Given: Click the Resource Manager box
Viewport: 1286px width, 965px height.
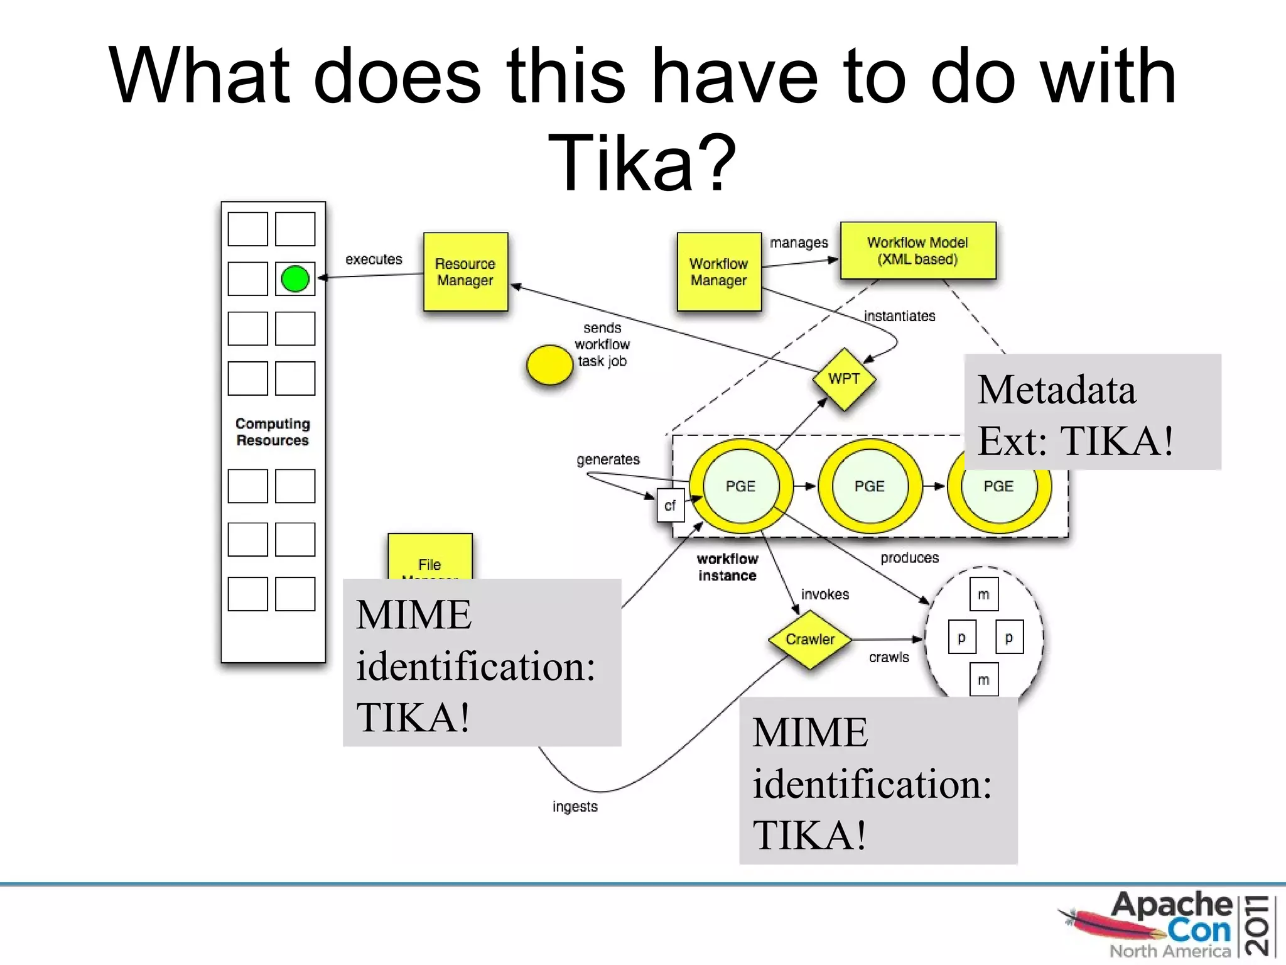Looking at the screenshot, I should [x=465, y=271].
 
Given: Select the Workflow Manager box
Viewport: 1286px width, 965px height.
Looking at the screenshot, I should [x=719, y=271].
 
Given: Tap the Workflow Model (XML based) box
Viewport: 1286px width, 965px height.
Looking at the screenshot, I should [x=917, y=250].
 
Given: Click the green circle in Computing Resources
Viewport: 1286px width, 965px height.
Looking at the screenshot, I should [x=295, y=279].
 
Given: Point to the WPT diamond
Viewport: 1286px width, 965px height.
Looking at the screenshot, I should [x=843, y=379].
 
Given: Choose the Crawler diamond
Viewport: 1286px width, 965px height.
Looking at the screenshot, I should [x=810, y=639].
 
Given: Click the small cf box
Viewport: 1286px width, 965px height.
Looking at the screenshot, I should [x=670, y=506].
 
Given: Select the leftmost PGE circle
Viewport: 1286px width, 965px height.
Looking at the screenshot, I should [x=740, y=486].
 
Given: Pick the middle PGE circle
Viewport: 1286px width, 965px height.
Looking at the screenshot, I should [x=870, y=486].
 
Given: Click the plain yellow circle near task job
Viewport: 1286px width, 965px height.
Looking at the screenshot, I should [x=549, y=365].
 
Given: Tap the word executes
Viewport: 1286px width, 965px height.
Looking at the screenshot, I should [x=374, y=259].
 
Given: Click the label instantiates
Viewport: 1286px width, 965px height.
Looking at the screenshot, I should [x=899, y=316].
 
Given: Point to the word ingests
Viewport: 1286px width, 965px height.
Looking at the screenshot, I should [x=575, y=807].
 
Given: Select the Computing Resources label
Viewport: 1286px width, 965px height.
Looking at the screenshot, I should [x=273, y=432].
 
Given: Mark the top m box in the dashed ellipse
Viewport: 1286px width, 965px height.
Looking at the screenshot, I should [x=983, y=594].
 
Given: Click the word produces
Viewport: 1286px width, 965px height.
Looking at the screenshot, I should [x=909, y=558].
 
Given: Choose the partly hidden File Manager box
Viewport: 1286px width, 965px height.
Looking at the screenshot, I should [x=430, y=557].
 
